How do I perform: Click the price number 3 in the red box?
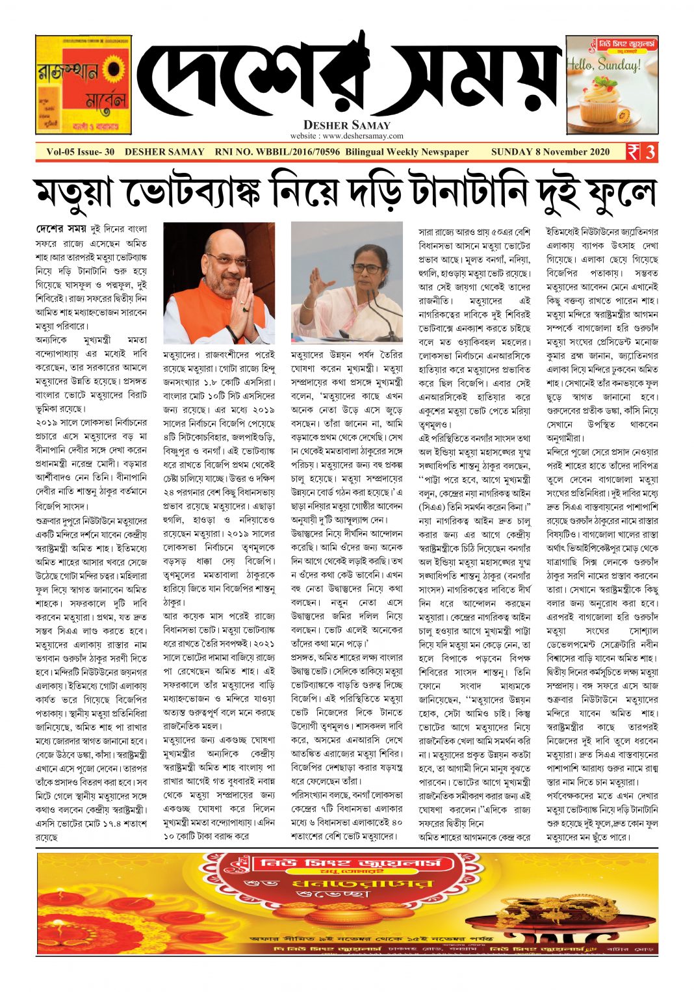tap(650, 152)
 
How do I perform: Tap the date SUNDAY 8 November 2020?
tap(550, 152)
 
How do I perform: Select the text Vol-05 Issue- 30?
tap(81, 152)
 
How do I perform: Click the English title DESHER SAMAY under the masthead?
tap(347, 125)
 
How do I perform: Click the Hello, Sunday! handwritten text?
tap(603, 65)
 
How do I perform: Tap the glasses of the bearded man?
tap(227, 259)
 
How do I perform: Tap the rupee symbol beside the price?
tap(633, 152)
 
